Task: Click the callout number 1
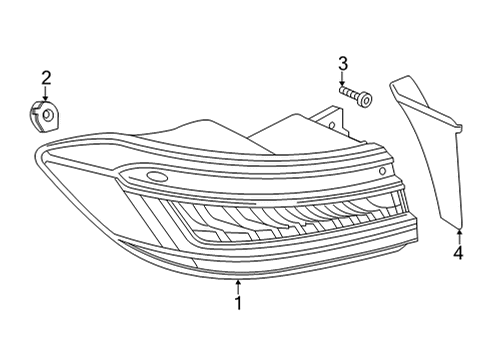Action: point(238,303)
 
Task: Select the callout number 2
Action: point(46,78)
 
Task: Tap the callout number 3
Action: point(343,64)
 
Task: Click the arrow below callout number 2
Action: point(45,93)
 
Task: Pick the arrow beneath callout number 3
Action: point(342,78)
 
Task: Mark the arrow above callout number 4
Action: point(459,237)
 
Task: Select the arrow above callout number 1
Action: point(238,287)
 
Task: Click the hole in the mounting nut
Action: point(47,115)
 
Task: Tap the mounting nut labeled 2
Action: point(44,116)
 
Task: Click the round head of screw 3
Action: point(365,100)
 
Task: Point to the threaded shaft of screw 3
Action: point(349,92)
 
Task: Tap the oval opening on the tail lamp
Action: point(156,176)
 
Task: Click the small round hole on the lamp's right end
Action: point(383,171)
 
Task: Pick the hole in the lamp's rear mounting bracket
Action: point(332,126)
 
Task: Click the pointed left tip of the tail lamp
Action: point(35,153)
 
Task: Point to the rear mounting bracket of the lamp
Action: point(330,122)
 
